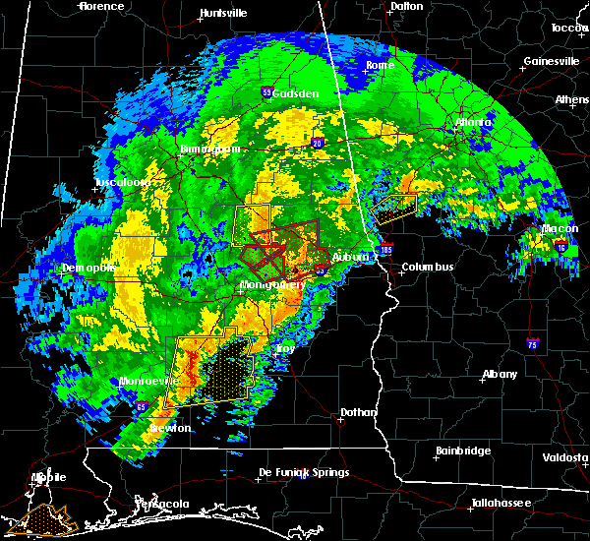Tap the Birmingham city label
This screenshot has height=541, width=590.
tap(209, 150)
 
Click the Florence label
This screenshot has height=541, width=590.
tap(101, 6)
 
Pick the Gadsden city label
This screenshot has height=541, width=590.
tap(296, 93)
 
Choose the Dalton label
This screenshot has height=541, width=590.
tap(406, 6)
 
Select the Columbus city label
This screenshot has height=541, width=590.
tap(427, 267)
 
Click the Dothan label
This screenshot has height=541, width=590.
tap(358, 412)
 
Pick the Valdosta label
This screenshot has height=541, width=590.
tap(565, 457)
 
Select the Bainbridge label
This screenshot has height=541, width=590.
tap(463, 451)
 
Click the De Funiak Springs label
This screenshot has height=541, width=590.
tap(303, 473)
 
